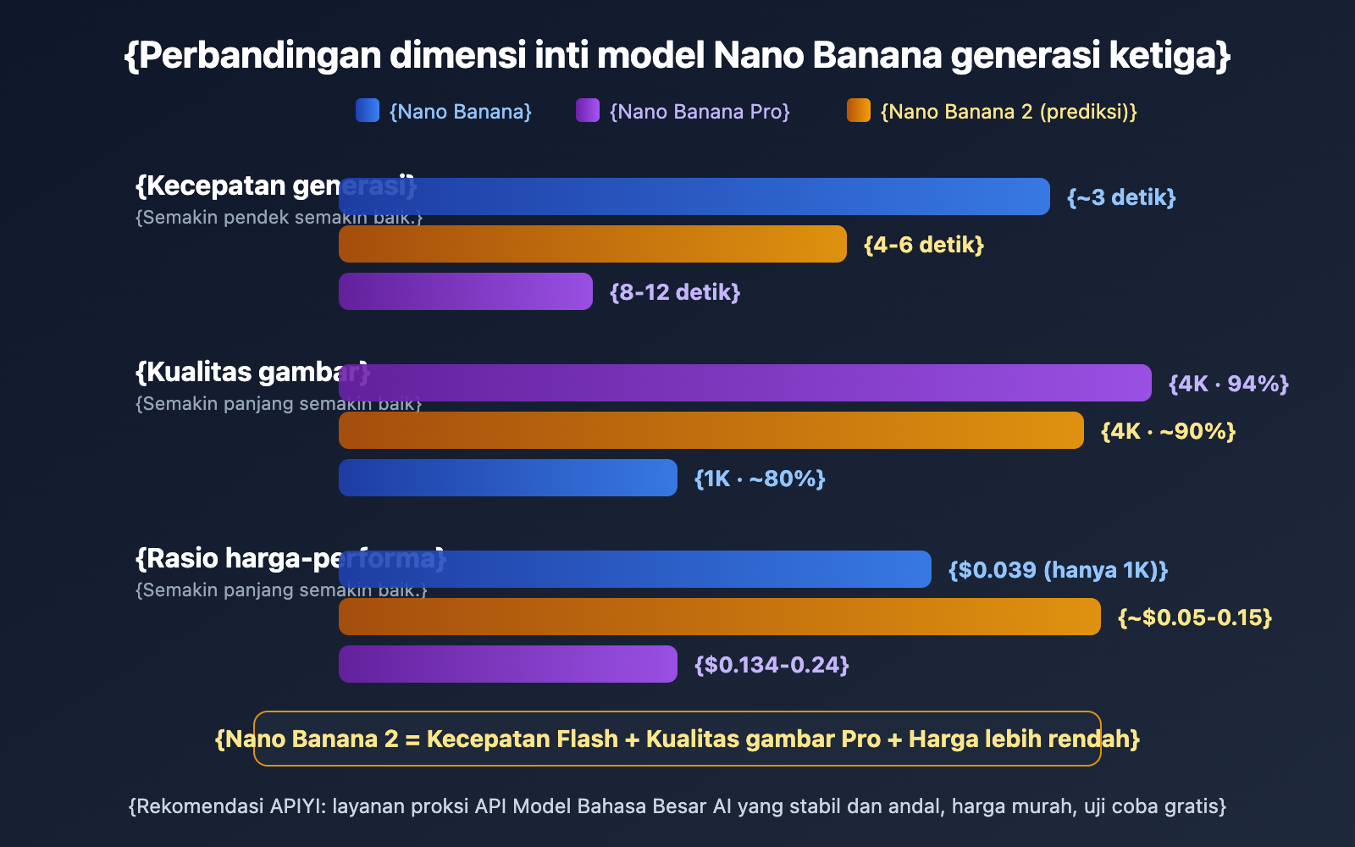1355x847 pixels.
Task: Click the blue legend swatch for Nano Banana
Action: pos(368,110)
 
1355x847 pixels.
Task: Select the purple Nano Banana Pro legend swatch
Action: pos(588,110)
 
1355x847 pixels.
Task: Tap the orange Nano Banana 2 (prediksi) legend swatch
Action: pos(859,110)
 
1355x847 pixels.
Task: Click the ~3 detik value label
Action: pos(1121,197)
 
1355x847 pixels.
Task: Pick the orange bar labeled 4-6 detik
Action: pos(593,244)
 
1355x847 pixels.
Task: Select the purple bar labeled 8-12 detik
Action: pos(466,291)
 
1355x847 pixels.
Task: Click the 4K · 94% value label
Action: pos(1228,384)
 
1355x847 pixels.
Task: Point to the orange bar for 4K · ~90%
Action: pos(711,430)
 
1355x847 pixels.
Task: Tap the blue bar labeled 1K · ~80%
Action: pos(508,478)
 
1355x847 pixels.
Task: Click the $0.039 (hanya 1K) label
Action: pos(1058,570)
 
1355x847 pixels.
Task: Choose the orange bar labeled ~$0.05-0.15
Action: pos(720,617)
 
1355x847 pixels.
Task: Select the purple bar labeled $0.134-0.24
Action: pos(508,664)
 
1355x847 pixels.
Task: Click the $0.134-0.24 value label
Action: pos(772,665)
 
